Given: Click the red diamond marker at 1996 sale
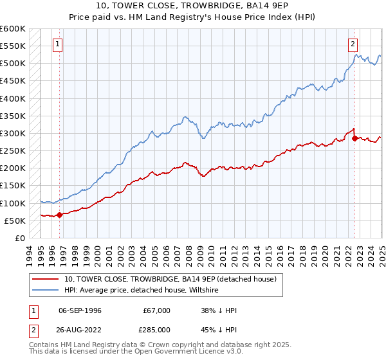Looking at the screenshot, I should pyautogui.click(x=59, y=215).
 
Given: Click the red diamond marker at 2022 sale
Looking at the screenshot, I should pyautogui.click(x=354, y=138).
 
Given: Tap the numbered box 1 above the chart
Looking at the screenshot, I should pyautogui.click(x=58, y=44).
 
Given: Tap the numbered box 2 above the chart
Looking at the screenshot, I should pyautogui.click(x=353, y=44).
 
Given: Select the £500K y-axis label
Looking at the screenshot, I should pyautogui.click(x=13, y=63).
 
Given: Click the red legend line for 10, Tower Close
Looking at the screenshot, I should pyautogui.click(x=46, y=279).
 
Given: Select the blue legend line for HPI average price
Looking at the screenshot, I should pyautogui.click(x=46, y=290).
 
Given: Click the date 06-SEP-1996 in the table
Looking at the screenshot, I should pyautogui.click(x=80, y=310).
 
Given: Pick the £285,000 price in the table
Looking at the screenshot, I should pyautogui.click(x=156, y=328).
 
